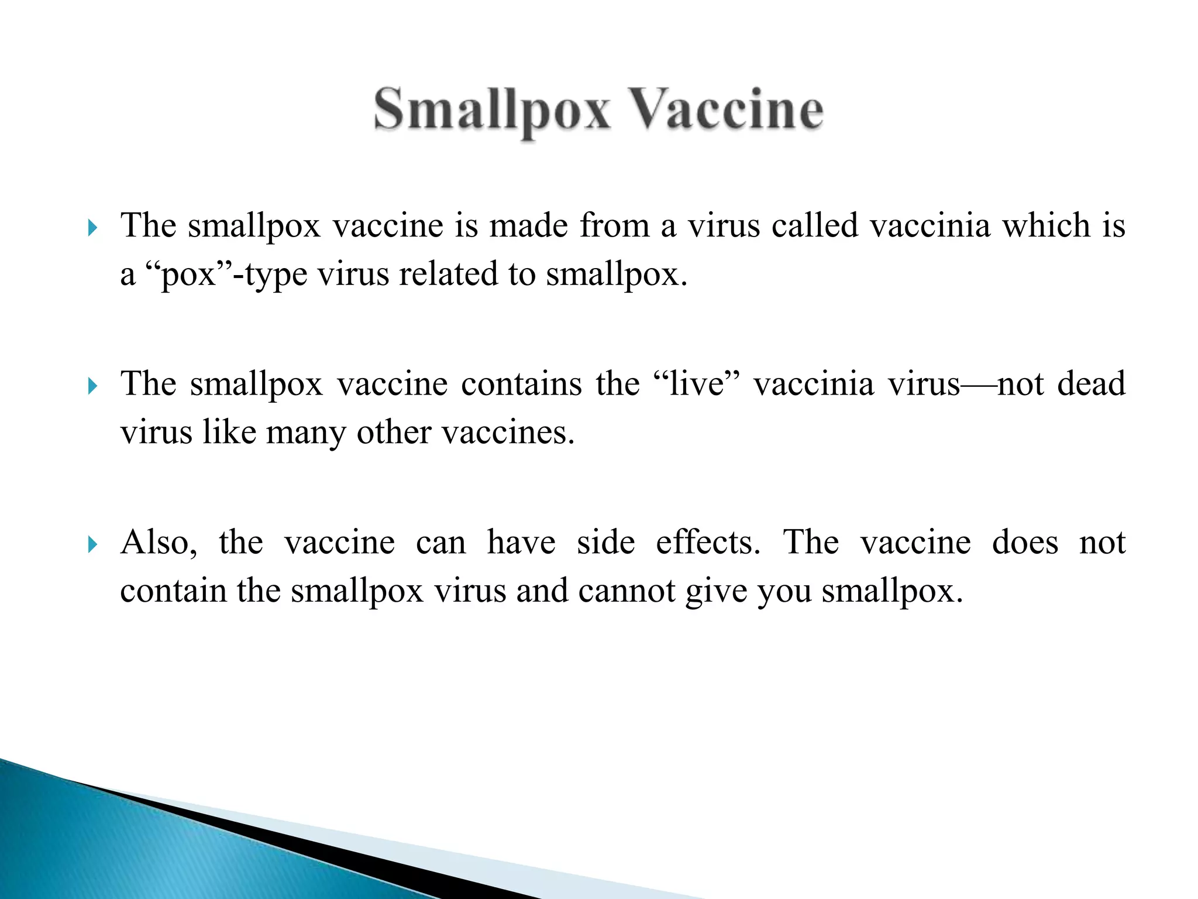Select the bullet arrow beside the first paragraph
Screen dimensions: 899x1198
coord(92,228)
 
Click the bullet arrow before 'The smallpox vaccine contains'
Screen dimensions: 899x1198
coord(92,386)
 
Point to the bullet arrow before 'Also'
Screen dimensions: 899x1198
coord(92,545)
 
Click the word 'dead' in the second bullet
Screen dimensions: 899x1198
coord(1092,384)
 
